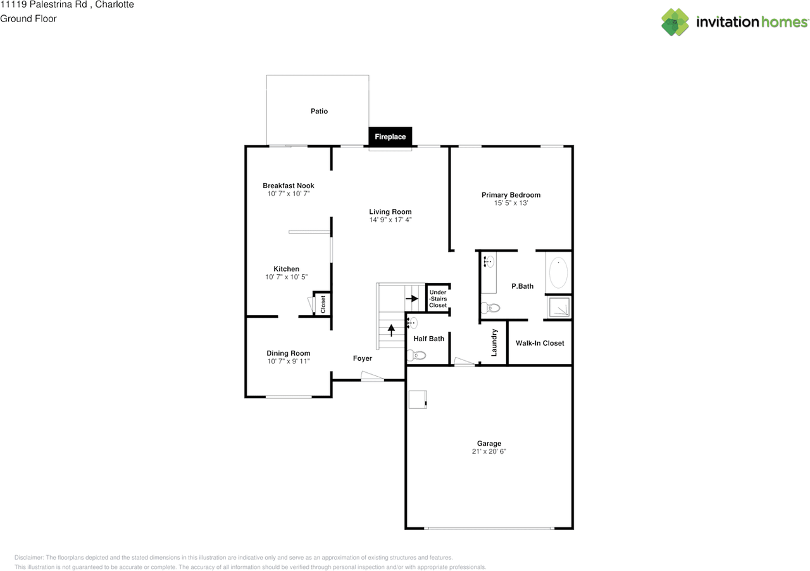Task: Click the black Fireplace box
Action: (390, 136)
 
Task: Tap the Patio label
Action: (320, 111)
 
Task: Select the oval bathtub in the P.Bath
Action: (558, 272)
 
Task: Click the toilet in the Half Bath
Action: (416, 355)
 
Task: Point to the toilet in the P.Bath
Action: (490, 308)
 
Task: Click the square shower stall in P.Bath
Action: (559, 307)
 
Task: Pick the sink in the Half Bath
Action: (412, 322)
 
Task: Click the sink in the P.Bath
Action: (489, 261)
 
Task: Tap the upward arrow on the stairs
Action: (391, 330)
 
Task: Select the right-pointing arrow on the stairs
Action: (412, 299)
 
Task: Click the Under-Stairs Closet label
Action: (438, 299)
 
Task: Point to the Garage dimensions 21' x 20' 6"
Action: (489, 451)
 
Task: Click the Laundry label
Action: (494, 342)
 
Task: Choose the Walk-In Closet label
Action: (540, 343)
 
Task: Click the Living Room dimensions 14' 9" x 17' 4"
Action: (390, 220)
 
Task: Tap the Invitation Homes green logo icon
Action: (675, 22)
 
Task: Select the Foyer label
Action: (363, 358)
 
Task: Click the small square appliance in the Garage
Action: (418, 399)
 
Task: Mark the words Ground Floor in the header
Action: (28, 18)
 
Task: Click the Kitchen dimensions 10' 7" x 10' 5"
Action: (287, 277)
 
